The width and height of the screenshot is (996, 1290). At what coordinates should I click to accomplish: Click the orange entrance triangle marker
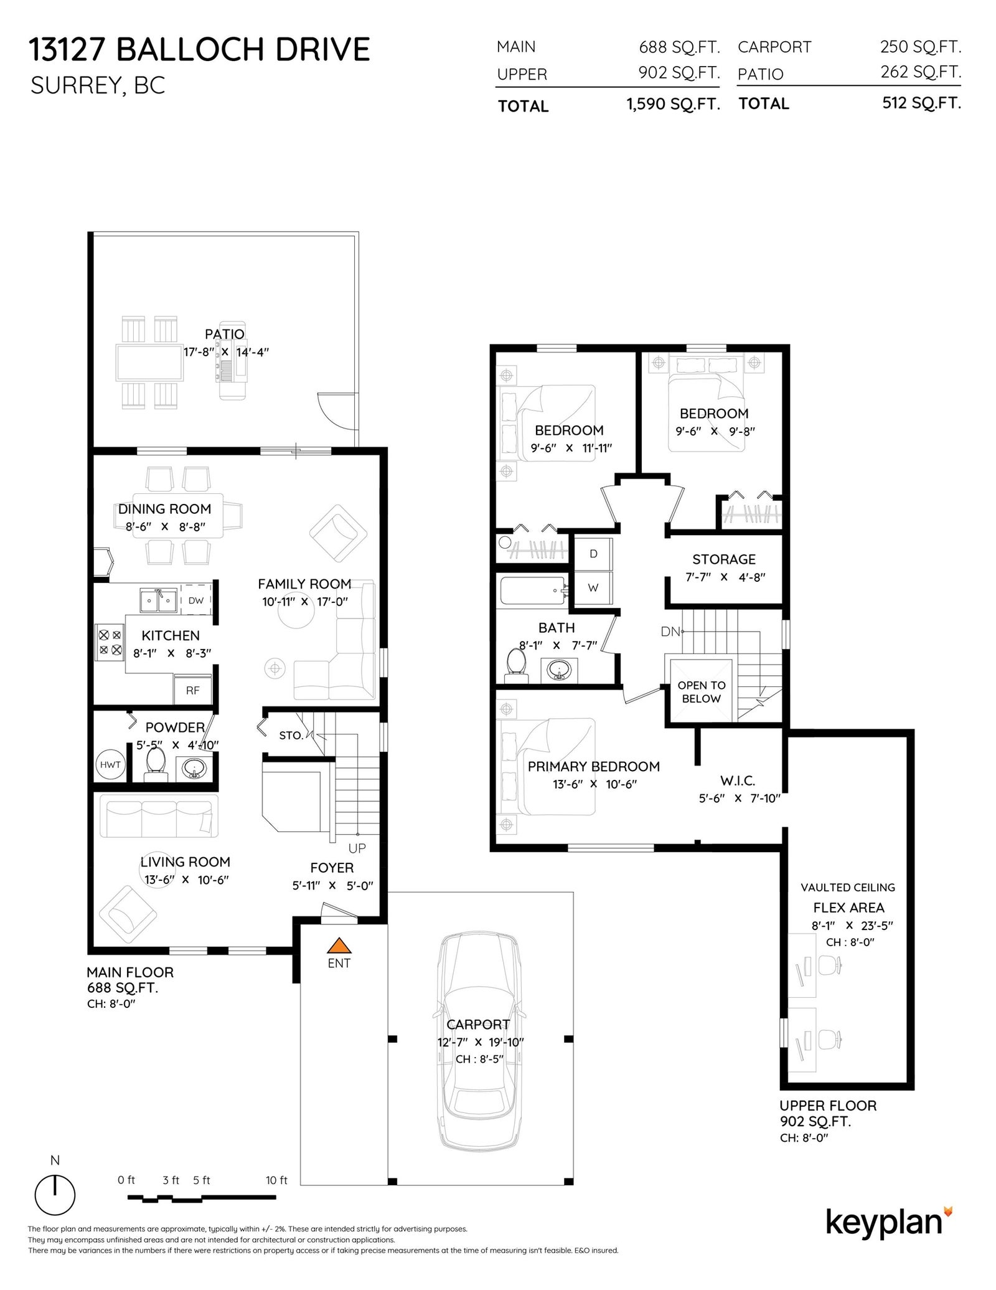click(x=339, y=946)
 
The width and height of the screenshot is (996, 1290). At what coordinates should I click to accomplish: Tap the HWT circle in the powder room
click(x=110, y=765)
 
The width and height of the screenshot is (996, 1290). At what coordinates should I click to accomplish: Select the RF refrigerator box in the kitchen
click(x=193, y=690)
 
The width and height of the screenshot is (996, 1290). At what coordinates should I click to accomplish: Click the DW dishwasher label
click(x=196, y=601)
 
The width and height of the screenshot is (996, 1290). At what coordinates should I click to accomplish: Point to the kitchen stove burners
click(x=110, y=643)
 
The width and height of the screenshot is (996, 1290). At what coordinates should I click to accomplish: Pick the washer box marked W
click(x=593, y=587)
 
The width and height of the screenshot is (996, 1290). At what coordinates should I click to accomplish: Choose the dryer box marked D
click(x=593, y=554)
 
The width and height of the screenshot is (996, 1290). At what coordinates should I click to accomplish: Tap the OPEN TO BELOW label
click(x=702, y=691)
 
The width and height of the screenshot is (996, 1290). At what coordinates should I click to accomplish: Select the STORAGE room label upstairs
click(x=724, y=559)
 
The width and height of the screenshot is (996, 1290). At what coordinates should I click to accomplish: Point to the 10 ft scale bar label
click(x=276, y=1180)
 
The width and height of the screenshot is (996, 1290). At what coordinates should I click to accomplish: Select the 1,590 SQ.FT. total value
click(x=673, y=104)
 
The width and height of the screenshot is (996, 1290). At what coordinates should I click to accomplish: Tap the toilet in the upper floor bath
click(x=515, y=662)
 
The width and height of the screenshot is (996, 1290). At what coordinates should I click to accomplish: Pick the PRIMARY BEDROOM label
click(x=594, y=767)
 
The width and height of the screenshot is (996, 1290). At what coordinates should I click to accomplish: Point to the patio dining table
click(x=149, y=363)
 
